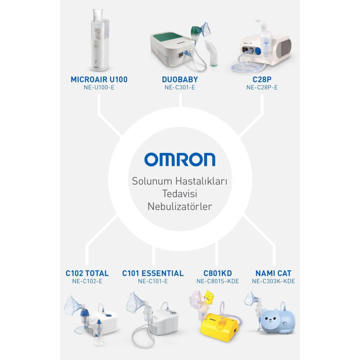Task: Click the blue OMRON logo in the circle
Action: click(180, 159)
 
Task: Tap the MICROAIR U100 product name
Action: click(99, 79)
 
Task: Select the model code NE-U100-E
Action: click(99, 87)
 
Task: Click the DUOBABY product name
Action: click(180, 79)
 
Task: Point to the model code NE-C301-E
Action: click(180, 87)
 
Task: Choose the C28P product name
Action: click(262, 79)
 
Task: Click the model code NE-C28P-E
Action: click(262, 87)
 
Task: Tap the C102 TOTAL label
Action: click(87, 273)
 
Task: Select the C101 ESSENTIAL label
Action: click(153, 273)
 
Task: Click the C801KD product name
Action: click(217, 273)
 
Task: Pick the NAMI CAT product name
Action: click(273, 273)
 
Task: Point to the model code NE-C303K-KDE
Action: click(273, 282)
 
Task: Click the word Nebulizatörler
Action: click(180, 207)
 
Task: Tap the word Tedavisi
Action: click(180, 194)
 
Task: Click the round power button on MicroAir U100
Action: click(95, 46)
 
